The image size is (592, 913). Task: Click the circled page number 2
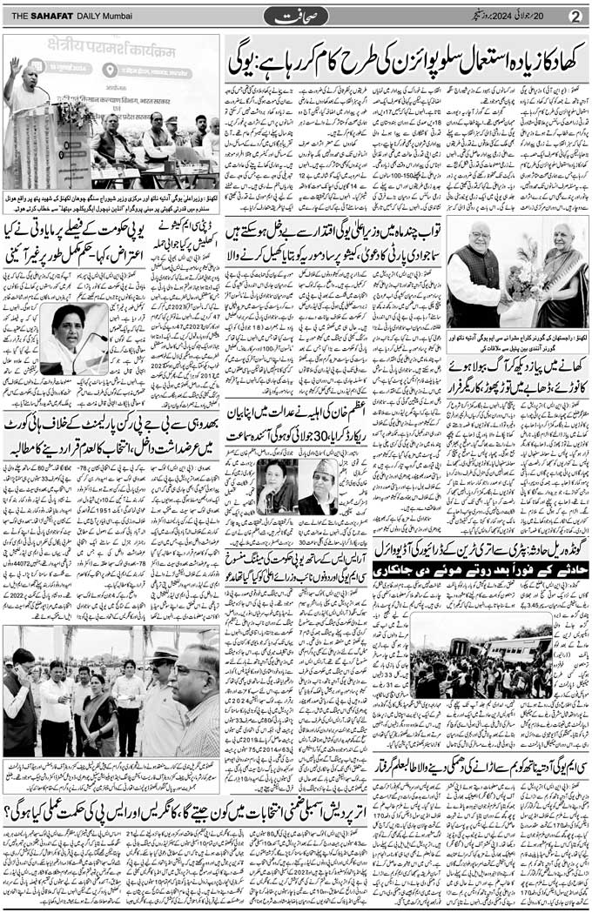click(575, 16)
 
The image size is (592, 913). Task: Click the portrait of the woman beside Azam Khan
click(276, 486)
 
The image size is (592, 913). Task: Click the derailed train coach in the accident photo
click(514, 648)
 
